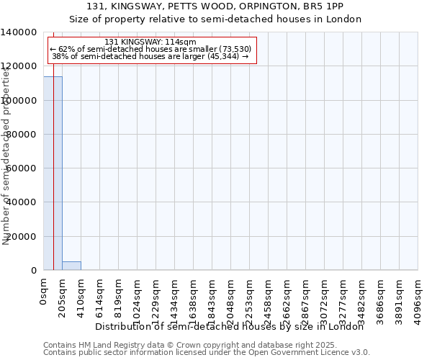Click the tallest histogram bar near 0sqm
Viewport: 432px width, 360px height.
point(53,173)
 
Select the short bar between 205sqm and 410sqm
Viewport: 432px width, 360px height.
point(71,266)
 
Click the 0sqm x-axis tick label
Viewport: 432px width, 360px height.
point(44,294)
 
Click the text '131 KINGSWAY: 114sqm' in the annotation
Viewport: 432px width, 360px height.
point(150,42)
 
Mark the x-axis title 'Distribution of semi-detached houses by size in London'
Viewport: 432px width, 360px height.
point(229,326)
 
